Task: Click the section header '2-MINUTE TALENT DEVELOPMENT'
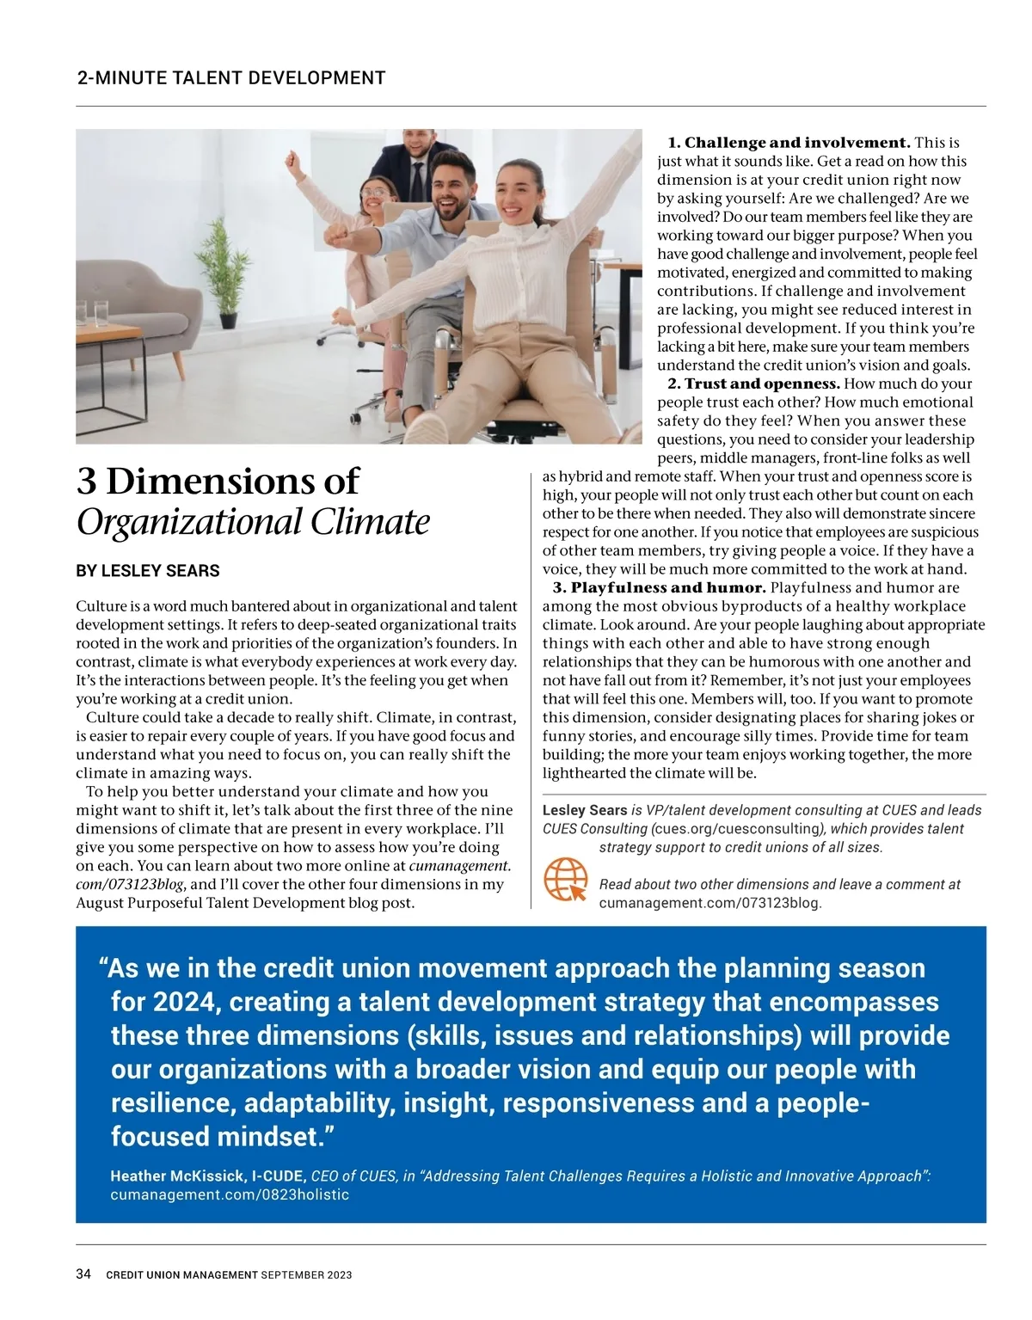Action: (231, 78)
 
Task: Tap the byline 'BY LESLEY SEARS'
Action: (148, 571)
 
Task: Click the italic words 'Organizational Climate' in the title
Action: (253, 522)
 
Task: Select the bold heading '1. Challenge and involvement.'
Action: (789, 143)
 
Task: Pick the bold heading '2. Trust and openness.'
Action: (753, 384)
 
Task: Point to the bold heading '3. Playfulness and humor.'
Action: (659, 588)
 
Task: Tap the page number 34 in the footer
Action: (83, 1274)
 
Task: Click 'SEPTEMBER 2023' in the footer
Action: (307, 1275)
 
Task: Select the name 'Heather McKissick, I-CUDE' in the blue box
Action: (207, 1176)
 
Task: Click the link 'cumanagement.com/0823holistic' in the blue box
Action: (230, 1194)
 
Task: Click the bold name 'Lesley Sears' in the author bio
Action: (585, 810)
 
